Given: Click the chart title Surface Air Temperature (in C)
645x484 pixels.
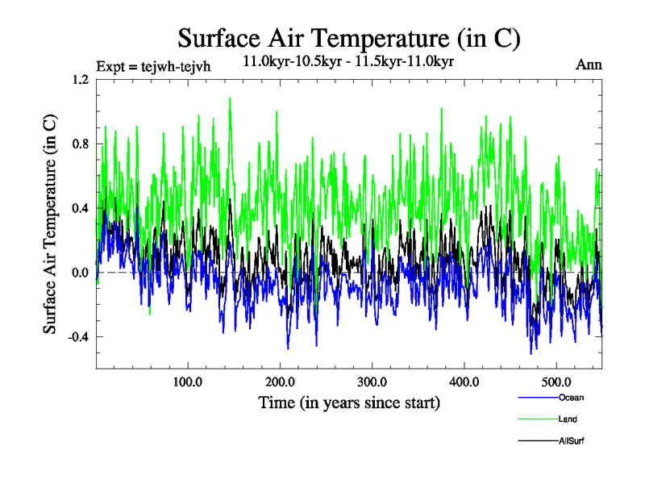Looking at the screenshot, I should pyautogui.click(x=348, y=39).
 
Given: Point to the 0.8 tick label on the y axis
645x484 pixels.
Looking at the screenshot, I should pyautogui.click(x=81, y=144).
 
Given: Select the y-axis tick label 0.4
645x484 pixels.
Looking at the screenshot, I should pyautogui.click(x=81, y=208).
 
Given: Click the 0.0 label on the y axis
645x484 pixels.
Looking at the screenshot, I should pyautogui.click(x=81, y=273).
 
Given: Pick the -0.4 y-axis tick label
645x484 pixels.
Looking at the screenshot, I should pyautogui.click(x=78, y=336).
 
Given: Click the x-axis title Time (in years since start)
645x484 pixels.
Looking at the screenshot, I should pyautogui.click(x=349, y=402).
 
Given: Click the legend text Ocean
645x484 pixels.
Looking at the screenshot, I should pyautogui.click(x=571, y=398).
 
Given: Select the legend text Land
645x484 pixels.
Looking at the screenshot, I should pyautogui.click(x=568, y=419).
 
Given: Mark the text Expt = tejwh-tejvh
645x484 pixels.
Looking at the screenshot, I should pyautogui.click(x=153, y=66).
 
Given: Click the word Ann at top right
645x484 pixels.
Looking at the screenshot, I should pyautogui.click(x=589, y=65).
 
